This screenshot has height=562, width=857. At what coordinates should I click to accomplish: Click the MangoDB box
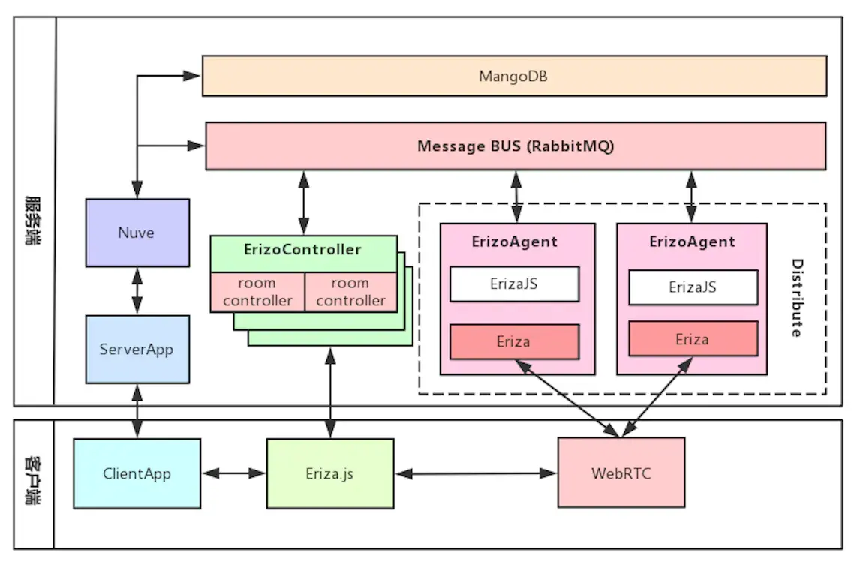click(x=514, y=76)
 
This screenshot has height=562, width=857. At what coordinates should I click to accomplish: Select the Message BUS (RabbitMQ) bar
click(x=516, y=146)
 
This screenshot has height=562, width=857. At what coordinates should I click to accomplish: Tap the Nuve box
click(x=137, y=233)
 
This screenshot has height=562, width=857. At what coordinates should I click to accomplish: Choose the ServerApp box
click(x=137, y=349)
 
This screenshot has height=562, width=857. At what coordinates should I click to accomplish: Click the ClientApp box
click(x=137, y=473)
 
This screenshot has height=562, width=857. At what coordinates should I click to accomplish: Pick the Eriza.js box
click(x=330, y=473)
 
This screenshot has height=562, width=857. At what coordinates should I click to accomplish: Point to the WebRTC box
click(x=621, y=473)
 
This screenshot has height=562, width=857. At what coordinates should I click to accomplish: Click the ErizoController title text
click(x=302, y=249)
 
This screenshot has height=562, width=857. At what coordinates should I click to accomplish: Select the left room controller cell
click(x=257, y=292)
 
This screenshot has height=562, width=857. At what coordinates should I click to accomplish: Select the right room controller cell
click(x=350, y=292)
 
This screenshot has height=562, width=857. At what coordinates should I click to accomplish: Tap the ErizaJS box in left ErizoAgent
click(x=514, y=284)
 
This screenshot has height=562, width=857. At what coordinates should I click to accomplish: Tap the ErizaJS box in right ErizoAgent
click(x=692, y=287)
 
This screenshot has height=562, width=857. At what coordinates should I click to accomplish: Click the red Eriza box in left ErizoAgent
click(x=514, y=341)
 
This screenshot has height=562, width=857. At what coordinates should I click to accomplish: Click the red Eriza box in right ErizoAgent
click(x=692, y=339)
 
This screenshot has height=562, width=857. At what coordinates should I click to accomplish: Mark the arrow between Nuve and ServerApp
click(x=137, y=290)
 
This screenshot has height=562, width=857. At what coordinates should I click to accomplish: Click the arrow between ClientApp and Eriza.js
click(x=233, y=473)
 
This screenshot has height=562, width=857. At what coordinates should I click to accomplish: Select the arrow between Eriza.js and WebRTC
click(x=476, y=473)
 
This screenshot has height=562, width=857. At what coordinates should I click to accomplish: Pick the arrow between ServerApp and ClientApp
click(x=137, y=411)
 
